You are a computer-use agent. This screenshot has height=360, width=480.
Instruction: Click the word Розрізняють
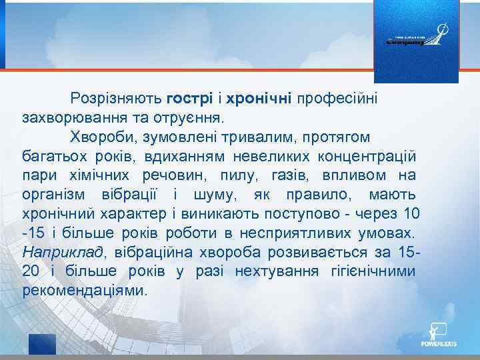click(116, 99)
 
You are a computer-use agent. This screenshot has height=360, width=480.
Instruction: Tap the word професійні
click(337, 99)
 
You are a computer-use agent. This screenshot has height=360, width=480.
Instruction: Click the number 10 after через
click(412, 215)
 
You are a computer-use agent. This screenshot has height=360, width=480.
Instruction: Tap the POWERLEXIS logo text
click(438, 345)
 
